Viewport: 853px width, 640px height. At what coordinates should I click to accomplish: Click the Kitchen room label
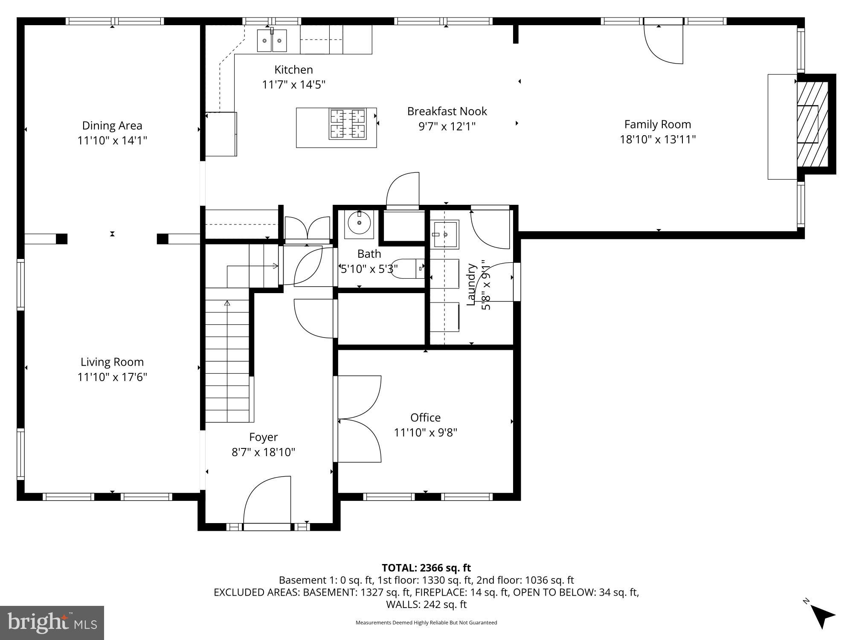click(293, 70)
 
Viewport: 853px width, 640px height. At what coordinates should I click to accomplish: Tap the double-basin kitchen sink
click(272, 41)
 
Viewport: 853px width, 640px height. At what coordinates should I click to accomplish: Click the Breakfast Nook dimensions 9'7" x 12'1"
click(447, 127)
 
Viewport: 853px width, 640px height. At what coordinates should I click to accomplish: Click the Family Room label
click(657, 125)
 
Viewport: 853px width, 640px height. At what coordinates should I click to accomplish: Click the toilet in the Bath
click(407, 269)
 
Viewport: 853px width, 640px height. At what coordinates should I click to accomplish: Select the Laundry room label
click(471, 284)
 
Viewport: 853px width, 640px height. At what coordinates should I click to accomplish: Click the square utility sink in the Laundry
click(444, 234)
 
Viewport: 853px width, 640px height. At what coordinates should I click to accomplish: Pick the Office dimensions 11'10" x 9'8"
click(425, 433)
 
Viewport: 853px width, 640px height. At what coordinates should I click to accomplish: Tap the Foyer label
click(263, 437)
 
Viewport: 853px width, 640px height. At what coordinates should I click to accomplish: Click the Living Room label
click(112, 362)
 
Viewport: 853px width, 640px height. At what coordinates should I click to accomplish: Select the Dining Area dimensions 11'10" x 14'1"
click(112, 140)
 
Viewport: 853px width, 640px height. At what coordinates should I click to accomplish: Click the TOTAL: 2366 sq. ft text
click(426, 568)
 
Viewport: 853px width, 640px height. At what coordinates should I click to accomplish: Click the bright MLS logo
click(52, 623)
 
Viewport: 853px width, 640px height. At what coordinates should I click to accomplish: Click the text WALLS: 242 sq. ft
click(426, 604)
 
